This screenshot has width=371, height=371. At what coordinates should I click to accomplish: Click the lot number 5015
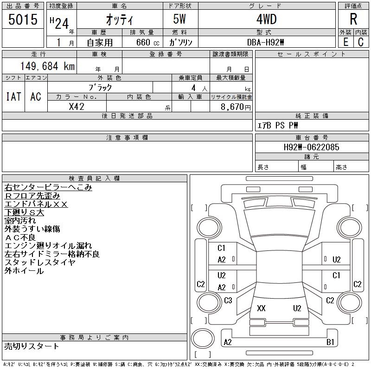tap(23, 19)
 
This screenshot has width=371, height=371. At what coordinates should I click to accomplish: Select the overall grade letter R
tap(353, 19)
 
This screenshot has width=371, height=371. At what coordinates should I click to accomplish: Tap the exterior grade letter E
tap(345, 42)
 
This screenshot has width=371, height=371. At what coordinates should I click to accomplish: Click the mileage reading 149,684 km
tap(47, 66)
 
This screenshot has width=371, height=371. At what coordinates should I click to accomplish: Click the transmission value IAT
tap(13, 96)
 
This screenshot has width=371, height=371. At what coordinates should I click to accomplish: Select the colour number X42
tap(77, 106)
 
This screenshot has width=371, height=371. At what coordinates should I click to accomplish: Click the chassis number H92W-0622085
tap(311, 147)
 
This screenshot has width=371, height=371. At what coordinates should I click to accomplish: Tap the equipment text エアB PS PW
tap(278, 125)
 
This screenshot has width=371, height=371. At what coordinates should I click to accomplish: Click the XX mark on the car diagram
tap(261, 308)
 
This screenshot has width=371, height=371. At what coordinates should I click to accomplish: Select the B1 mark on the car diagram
tap(330, 342)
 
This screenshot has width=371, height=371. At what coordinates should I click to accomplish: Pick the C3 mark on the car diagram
tap(228, 301)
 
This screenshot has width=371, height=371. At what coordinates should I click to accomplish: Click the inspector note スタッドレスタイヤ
tap(40, 262)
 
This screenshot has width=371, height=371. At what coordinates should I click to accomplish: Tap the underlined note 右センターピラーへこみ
tap(48, 188)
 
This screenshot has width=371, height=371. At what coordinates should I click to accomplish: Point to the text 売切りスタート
tap(32, 346)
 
